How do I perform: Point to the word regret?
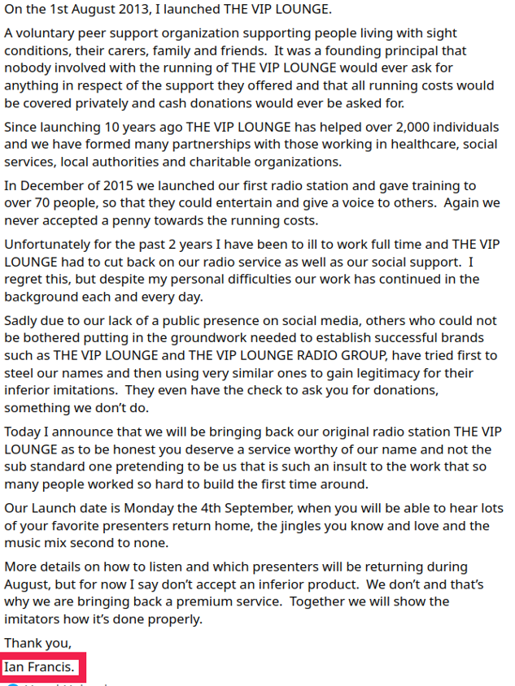[x=24, y=279]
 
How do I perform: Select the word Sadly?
[x=21, y=320]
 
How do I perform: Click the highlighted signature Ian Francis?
[x=41, y=668]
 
